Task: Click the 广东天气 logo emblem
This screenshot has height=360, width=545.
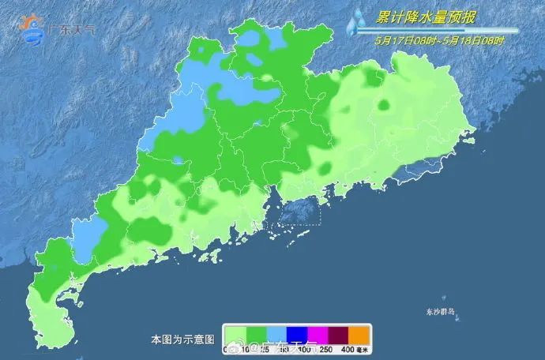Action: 34,29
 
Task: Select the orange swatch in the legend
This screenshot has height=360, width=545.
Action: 359,334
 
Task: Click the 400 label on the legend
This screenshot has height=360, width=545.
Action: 348,348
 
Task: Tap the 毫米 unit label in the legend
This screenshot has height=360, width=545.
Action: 364,348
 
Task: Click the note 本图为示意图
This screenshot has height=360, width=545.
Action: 182,339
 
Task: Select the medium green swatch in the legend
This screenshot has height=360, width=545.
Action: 256,334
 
